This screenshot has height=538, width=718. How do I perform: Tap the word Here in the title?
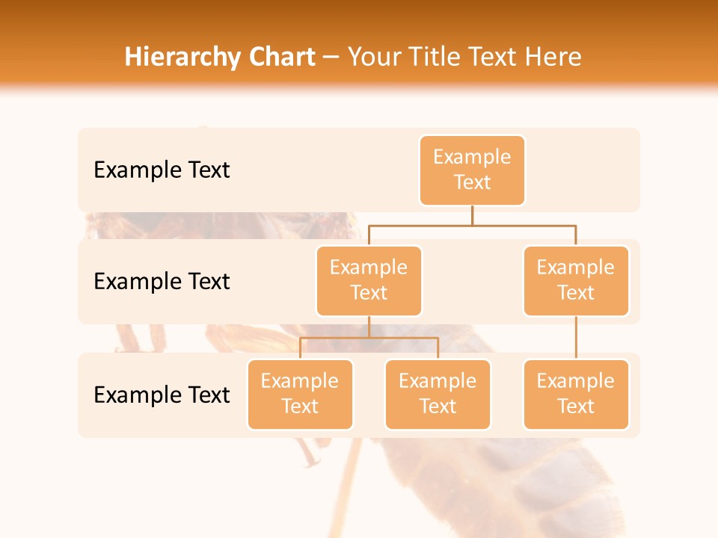pyautogui.click(x=553, y=58)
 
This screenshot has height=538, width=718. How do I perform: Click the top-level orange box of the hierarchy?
pyautogui.click(x=472, y=170)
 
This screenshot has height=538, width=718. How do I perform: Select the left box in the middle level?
pyautogui.click(x=369, y=280)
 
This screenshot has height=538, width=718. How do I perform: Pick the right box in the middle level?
pyautogui.click(x=576, y=280)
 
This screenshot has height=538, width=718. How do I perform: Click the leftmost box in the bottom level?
pyautogui.click(x=300, y=394)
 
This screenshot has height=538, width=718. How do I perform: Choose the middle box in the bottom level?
pyautogui.click(x=438, y=394)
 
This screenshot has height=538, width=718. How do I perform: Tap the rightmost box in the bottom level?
pyautogui.click(x=576, y=394)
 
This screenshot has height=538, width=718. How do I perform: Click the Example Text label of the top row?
pyautogui.click(x=162, y=170)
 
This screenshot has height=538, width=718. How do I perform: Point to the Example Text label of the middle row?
pyautogui.click(x=162, y=282)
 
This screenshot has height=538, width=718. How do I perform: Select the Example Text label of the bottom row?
pyautogui.click(x=162, y=395)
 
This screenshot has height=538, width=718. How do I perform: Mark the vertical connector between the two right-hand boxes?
pyautogui.click(x=576, y=338)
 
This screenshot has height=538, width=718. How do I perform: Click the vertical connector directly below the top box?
pyautogui.click(x=472, y=215)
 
